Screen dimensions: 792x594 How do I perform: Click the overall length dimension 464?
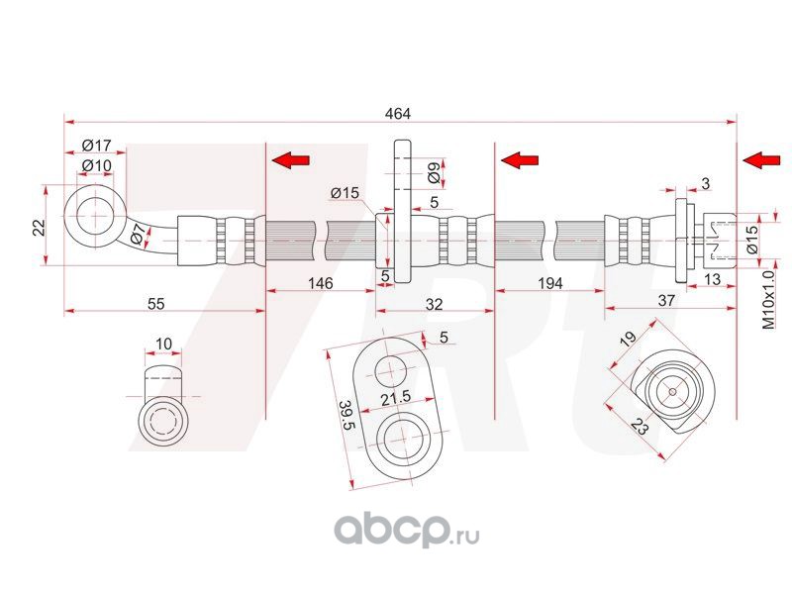click(398, 113)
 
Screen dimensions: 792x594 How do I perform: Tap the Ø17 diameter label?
click(96, 146)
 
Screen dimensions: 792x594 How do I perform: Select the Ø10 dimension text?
click(96, 165)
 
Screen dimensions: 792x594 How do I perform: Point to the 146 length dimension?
click(321, 283)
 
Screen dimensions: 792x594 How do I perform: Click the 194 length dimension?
click(550, 283)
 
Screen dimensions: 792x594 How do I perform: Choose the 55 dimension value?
click(156, 304)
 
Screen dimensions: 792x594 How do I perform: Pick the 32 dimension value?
click(434, 304)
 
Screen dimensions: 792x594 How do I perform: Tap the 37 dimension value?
click(666, 300)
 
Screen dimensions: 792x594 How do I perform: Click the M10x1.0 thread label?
click(768, 300)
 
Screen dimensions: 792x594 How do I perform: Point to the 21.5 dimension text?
click(396, 398)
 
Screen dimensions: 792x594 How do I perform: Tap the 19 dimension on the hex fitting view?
click(628, 339)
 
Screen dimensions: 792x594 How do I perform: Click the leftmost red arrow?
click(290, 160)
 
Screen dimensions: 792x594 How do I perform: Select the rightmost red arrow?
click(761, 160)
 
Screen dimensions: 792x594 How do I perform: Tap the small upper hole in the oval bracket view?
click(390, 371)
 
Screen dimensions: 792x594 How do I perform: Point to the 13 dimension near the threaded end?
click(712, 279)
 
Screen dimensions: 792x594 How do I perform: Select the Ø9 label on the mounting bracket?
click(434, 173)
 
